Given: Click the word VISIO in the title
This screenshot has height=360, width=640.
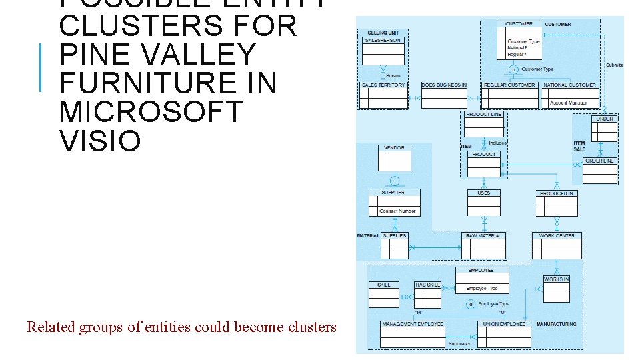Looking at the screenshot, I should [x=100, y=141].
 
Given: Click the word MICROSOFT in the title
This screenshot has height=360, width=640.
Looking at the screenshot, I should [x=151, y=112].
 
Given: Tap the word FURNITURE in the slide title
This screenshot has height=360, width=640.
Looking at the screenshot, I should [x=167, y=83].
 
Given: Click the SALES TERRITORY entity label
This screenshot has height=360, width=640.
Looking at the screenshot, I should [x=383, y=85].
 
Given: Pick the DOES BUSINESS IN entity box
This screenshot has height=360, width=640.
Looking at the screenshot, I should [x=444, y=96].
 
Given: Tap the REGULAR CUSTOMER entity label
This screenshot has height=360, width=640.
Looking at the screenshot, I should [x=509, y=85].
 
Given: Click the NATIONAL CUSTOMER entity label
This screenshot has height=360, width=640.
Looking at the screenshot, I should [x=569, y=85].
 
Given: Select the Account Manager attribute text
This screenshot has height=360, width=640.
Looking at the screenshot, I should [x=568, y=103].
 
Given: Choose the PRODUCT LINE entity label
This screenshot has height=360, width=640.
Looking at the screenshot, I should [x=483, y=115].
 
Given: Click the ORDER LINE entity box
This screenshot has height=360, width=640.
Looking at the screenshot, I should [x=599, y=171].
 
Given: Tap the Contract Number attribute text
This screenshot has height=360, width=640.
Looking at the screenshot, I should [x=397, y=211].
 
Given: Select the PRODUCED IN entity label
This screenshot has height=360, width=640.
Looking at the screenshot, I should [x=557, y=193].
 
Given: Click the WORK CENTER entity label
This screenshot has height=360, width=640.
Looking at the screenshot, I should [x=557, y=235].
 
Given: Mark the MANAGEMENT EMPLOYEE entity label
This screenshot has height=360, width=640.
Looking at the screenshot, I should [x=413, y=324].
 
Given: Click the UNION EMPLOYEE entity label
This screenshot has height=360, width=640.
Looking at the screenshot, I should [x=505, y=324].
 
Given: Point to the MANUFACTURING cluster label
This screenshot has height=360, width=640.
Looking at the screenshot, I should [x=557, y=324].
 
